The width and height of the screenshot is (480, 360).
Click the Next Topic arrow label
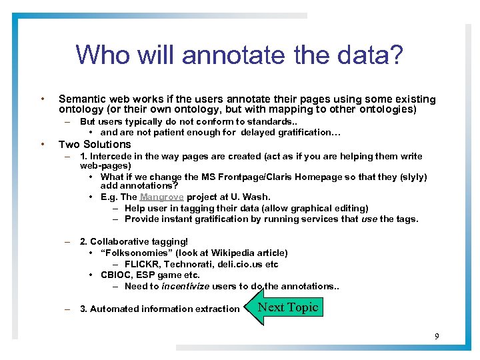pyautogui.click(x=288, y=307)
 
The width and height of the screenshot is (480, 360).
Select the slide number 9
pyautogui.click(x=437, y=336)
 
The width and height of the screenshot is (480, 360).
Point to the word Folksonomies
pyautogui.click(x=140, y=253)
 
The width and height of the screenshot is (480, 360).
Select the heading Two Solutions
pyautogui.click(x=95, y=145)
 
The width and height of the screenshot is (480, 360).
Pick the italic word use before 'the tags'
pyautogui.click(x=369, y=219)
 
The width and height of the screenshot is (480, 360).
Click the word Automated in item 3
pyautogui.click(x=116, y=309)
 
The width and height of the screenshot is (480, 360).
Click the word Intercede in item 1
pyautogui.click(x=111, y=157)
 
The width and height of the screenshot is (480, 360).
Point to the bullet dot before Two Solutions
pyautogui.click(x=42, y=144)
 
